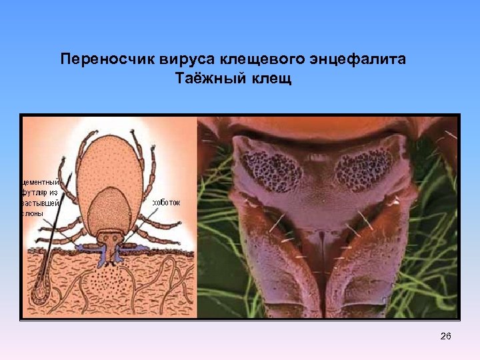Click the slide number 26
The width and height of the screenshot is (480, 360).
point(445,337)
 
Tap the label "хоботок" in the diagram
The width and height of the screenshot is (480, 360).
point(166,202)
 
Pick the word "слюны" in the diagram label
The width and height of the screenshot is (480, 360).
point(33,213)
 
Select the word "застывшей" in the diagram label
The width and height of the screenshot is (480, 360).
point(41,203)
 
